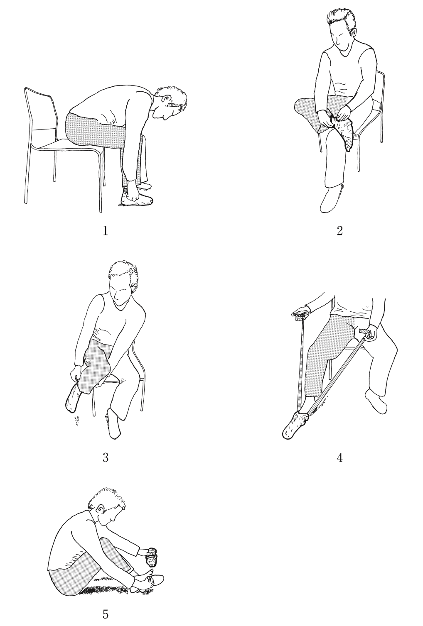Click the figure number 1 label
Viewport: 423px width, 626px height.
point(106,231)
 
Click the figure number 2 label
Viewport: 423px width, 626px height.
point(339,231)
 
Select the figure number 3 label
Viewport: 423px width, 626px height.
point(106,457)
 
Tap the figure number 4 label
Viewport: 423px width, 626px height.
point(339,457)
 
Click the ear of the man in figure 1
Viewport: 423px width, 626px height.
point(167,99)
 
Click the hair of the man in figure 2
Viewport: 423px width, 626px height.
point(341,20)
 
